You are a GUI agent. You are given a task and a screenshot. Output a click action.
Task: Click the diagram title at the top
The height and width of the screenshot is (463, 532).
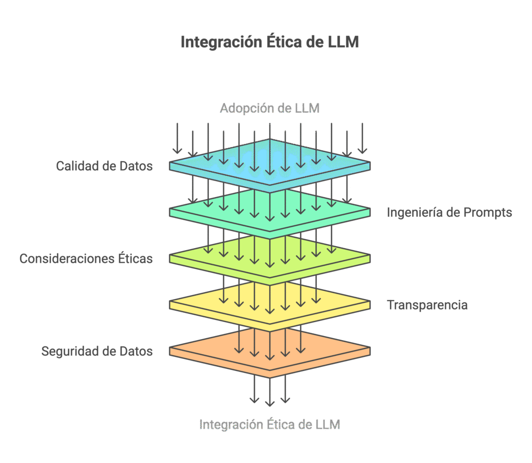(270, 42)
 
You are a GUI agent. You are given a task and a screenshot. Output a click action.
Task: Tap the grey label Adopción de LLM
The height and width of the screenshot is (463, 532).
(270, 108)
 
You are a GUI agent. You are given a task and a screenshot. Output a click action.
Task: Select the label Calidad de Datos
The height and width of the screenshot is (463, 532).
(104, 166)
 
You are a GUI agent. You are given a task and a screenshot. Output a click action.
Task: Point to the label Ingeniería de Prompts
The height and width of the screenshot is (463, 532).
(449, 212)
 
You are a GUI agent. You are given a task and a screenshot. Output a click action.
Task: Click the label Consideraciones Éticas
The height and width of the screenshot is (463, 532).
(86, 259)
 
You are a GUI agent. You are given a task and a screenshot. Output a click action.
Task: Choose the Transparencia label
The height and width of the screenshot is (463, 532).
(427, 305)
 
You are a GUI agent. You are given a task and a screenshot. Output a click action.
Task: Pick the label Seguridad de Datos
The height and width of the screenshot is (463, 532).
(97, 351)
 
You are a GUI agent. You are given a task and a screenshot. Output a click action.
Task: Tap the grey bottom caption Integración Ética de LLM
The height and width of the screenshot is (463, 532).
(270, 425)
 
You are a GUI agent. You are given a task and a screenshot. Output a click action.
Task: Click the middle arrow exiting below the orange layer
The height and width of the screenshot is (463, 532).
(270, 392)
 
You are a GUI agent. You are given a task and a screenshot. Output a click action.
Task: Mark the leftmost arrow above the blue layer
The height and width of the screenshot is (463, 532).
(177, 138)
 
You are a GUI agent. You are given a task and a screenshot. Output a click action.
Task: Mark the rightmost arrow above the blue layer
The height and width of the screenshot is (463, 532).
(362, 138)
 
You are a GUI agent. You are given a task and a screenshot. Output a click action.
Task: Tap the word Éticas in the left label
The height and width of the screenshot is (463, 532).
(136, 258)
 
